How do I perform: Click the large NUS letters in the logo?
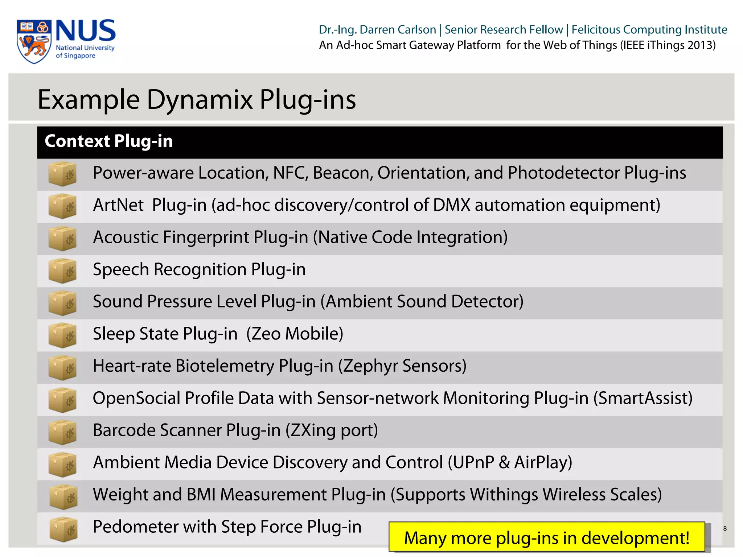pos(86,31)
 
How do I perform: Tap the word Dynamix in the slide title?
pos(200,99)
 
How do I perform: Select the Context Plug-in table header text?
pos(108,141)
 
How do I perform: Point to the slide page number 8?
pos(724,528)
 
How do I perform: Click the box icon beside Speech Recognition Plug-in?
pos(62,271)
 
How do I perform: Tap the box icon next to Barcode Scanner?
pos(62,432)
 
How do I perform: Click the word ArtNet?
pos(118,205)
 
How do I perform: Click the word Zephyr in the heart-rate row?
pos(370,366)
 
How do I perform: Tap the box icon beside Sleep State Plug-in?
pos(62,335)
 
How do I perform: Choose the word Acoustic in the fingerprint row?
pos(126,238)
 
